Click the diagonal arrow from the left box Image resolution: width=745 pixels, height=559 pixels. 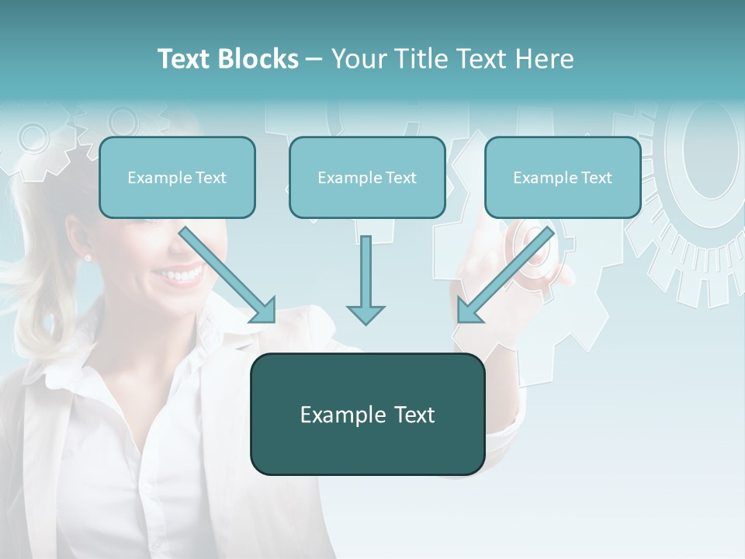tap(225, 272)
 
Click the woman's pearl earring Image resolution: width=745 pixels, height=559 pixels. tap(88, 257)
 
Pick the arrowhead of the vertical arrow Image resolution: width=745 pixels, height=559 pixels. tap(366, 314)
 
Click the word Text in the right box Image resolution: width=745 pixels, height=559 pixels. tap(596, 177)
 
